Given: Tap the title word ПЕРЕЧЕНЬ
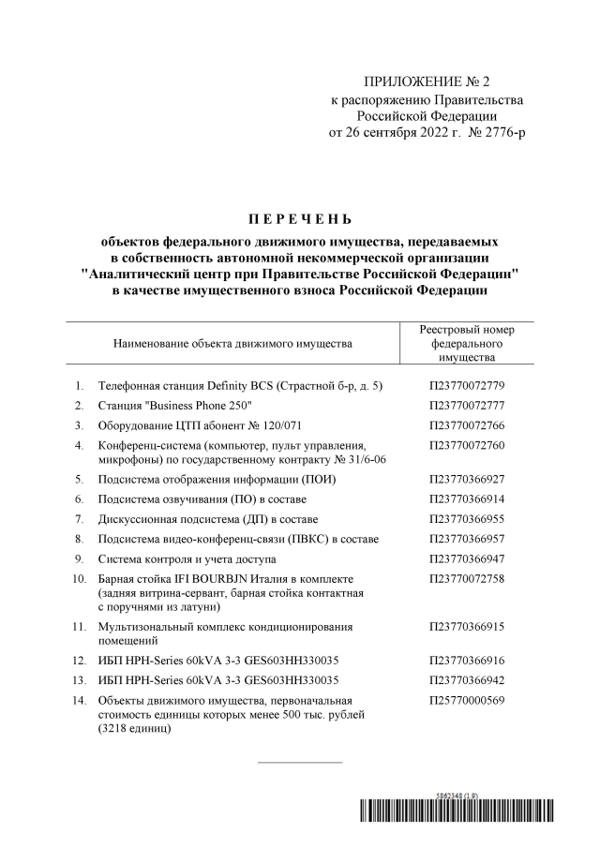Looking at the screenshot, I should point(299,221).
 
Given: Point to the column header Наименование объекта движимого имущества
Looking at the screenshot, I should point(232,344).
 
